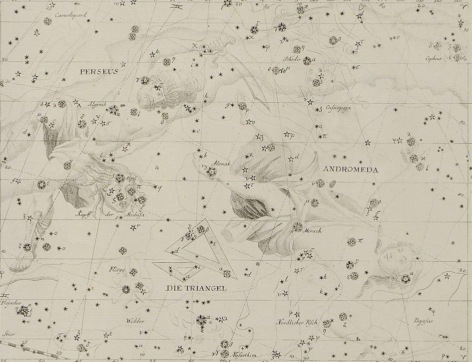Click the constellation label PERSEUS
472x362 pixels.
(98, 71)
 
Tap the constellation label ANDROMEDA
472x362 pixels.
(351, 169)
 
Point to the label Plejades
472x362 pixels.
(8, 302)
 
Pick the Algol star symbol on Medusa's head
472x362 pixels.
(119, 178)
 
